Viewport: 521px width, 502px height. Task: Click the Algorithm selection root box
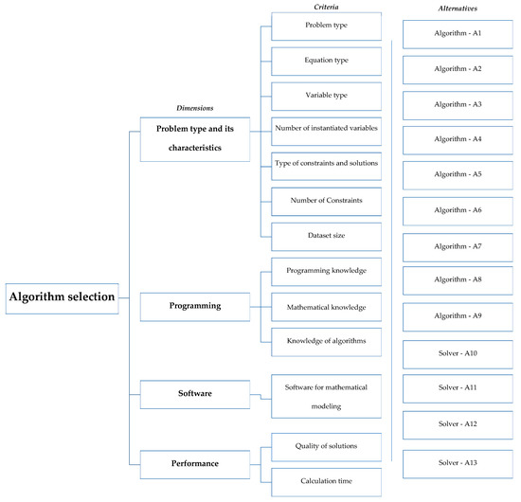point(63,297)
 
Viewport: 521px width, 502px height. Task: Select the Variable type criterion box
point(326,96)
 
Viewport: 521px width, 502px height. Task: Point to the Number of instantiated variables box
point(326,129)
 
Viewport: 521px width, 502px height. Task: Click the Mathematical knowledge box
point(326,307)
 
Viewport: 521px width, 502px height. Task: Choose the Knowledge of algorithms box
point(326,341)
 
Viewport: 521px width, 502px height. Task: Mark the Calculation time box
point(326,481)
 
